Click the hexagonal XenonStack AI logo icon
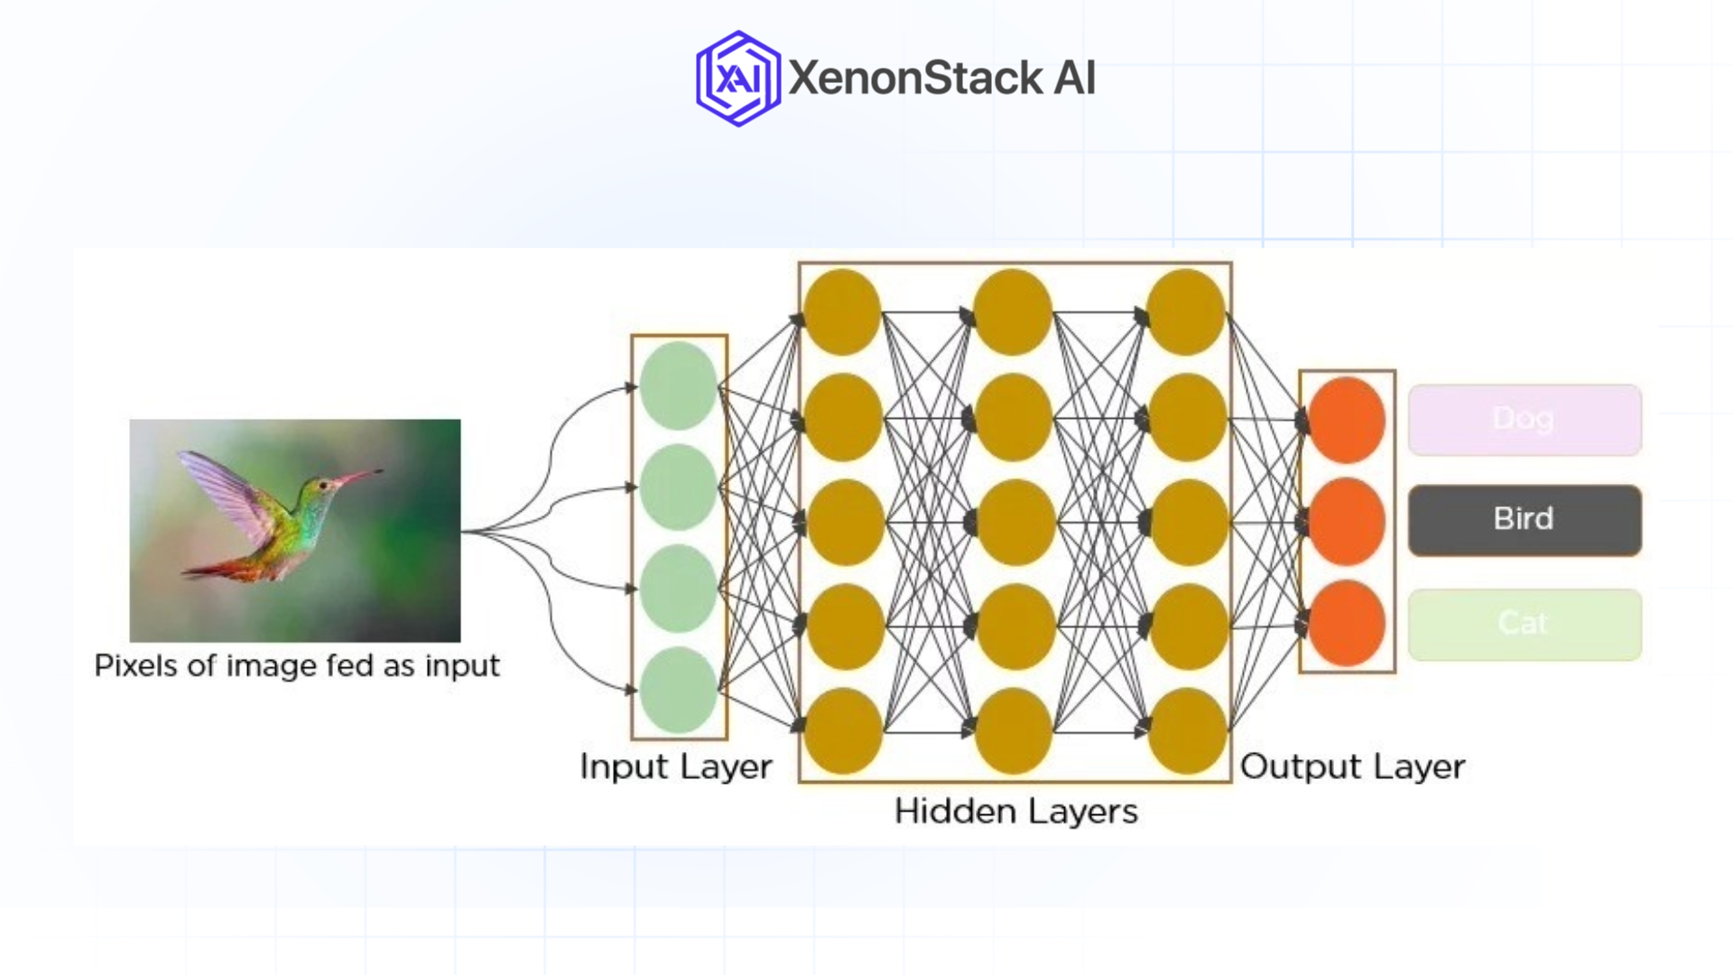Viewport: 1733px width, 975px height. pyautogui.click(x=737, y=79)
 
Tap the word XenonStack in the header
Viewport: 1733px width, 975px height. pyautogui.click(x=915, y=78)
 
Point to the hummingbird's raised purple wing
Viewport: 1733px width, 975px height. pyautogui.click(x=226, y=492)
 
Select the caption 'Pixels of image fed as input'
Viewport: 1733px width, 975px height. pyautogui.click(x=297, y=666)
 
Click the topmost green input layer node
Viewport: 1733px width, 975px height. pyautogui.click(x=678, y=385)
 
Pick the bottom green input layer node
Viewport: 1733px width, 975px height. pyautogui.click(x=678, y=690)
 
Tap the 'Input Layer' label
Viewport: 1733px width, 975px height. pyautogui.click(x=675, y=766)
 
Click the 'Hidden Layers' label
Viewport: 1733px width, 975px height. pyautogui.click(x=1015, y=811)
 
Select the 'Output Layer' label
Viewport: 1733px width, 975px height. pyautogui.click(x=1352, y=766)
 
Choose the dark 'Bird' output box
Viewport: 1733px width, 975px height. pyautogui.click(x=1524, y=520)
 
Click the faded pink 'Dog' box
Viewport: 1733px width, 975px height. pyautogui.click(x=1524, y=420)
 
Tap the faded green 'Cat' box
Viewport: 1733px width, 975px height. pyautogui.click(x=1524, y=624)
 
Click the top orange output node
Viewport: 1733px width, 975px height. pyautogui.click(x=1347, y=420)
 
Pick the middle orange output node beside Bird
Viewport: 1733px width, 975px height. pyautogui.click(x=1347, y=522)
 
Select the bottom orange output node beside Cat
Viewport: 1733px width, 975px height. pyautogui.click(x=1347, y=624)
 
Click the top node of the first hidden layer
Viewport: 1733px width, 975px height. pyautogui.click(x=842, y=312)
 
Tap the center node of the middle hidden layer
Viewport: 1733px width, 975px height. pyautogui.click(x=1015, y=523)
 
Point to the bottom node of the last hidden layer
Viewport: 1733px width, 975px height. pyautogui.click(x=1187, y=731)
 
